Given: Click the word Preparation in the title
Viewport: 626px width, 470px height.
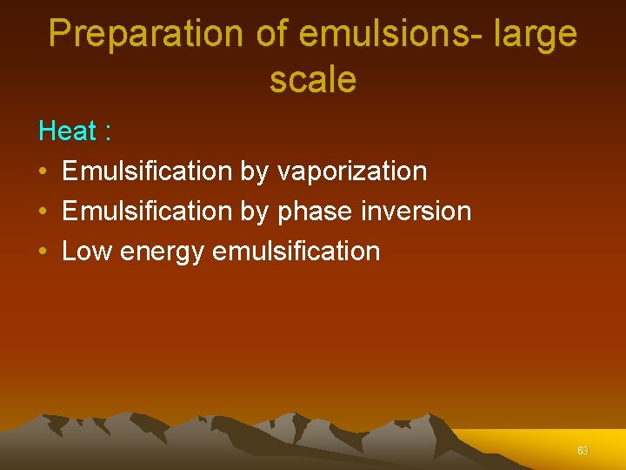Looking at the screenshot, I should [x=146, y=34].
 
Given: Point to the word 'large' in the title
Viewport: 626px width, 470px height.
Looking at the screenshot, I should [x=534, y=34].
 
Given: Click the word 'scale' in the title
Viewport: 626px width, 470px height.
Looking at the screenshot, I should [x=313, y=80].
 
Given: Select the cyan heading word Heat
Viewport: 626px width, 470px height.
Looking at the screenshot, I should [x=67, y=131].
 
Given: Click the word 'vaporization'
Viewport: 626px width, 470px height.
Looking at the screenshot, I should [x=351, y=171].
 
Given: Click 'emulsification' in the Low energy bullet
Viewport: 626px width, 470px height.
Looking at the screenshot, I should [x=296, y=252].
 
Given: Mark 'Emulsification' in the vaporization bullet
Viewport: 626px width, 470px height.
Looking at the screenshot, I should [x=147, y=171].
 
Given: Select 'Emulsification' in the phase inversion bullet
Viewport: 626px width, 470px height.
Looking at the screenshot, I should [x=147, y=211].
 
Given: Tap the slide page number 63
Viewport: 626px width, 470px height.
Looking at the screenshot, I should [x=583, y=451].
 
